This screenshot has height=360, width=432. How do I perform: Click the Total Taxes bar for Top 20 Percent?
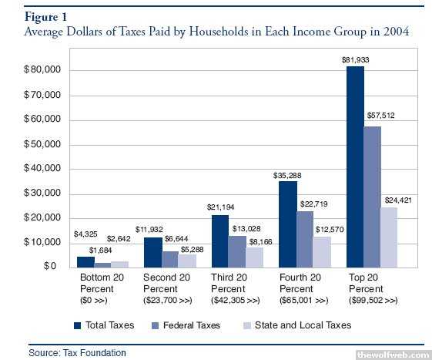(x=355, y=167)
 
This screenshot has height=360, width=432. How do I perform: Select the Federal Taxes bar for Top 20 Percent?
(x=373, y=197)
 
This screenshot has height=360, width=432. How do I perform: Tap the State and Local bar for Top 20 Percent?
(x=389, y=237)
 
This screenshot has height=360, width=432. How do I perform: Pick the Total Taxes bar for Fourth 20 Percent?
(x=288, y=224)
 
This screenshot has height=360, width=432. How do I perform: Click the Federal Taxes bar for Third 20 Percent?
(x=237, y=251)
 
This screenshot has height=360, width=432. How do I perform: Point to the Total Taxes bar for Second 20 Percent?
(x=153, y=252)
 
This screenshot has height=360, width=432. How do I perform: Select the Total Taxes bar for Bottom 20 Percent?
(x=85, y=262)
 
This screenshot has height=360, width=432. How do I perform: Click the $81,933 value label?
(x=356, y=60)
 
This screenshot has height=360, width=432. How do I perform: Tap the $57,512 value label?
(x=380, y=116)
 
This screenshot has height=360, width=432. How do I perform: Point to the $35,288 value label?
(x=287, y=176)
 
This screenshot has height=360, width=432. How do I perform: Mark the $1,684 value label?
(x=101, y=251)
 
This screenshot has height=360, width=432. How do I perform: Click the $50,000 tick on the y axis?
(x=42, y=144)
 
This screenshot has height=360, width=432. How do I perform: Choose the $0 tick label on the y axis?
(x=50, y=266)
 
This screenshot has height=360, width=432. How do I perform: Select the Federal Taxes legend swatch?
(x=156, y=326)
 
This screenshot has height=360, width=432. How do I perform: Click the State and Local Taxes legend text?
(x=303, y=325)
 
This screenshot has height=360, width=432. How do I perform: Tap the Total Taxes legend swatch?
(x=78, y=326)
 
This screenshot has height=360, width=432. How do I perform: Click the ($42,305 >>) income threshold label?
(x=236, y=300)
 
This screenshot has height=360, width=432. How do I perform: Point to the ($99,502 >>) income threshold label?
(x=373, y=300)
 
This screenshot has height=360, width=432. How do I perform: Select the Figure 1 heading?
(x=45, y=17)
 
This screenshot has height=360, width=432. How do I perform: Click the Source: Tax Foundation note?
(x=78, y=353)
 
